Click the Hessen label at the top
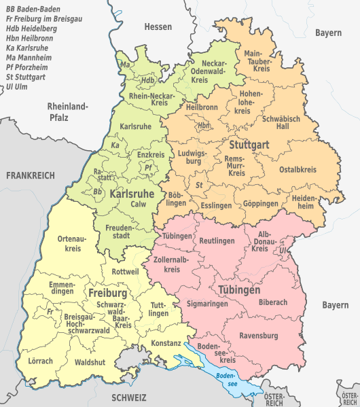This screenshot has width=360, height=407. pos(158,26)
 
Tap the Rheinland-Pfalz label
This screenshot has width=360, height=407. pos(67,111)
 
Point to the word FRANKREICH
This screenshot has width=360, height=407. pos(30,175)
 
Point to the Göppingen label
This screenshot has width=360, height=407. pos(261,203)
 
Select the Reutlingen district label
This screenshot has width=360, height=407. pos(217,241)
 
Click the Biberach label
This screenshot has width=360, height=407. pos(273,302)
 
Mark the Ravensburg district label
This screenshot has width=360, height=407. pos(259,336)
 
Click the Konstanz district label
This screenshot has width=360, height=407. pos(166,343)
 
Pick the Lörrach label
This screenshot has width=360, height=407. pos(40,361)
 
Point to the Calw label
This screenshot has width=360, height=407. pos(139,204)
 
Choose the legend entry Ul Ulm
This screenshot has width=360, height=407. pos(16,87)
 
